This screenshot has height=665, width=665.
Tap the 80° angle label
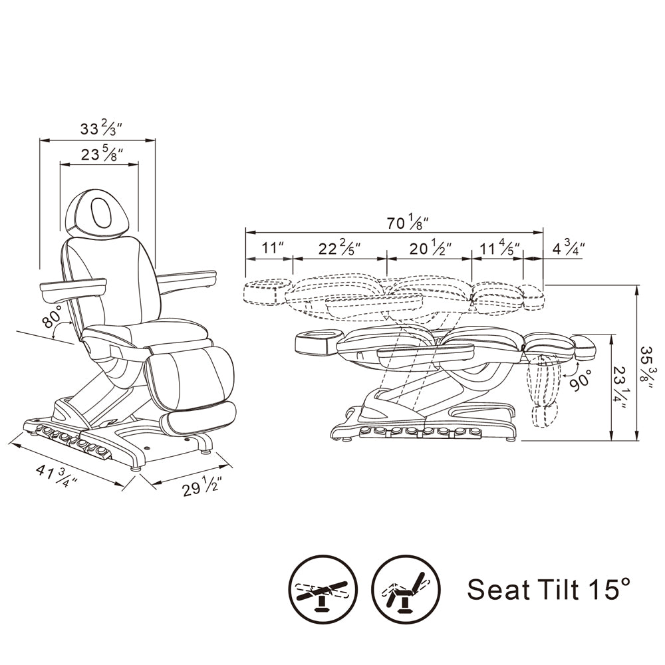[52, 318]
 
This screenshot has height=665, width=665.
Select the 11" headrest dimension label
[273, 249]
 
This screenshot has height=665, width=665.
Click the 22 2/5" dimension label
[339, 249]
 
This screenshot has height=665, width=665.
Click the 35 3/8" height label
[649, 363]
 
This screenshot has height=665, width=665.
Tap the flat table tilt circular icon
[323, 589]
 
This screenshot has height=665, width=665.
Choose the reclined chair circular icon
[406, 589]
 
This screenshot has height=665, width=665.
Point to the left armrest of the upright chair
[73, 287]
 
